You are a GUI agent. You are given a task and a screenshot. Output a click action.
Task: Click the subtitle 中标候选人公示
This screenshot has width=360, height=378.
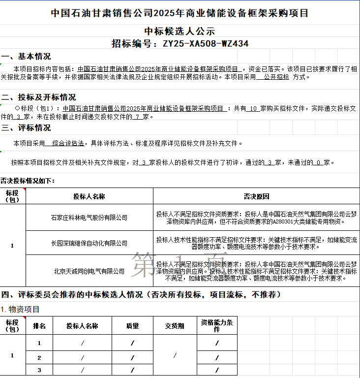pos(180,31)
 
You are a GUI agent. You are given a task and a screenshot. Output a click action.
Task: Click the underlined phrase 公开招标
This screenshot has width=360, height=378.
pos(276,77)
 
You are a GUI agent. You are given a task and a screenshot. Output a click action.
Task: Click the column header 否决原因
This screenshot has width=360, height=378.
pos(256,196)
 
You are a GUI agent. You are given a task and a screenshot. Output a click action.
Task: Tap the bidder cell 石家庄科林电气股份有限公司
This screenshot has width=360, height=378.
pos(89,217)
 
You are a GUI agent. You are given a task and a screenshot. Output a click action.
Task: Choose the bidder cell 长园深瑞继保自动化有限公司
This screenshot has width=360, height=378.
pos(89,243)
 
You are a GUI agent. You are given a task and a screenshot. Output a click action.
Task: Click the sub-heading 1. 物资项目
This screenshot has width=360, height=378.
pos(20,309)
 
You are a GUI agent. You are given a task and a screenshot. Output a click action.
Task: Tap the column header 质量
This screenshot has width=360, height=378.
pos(132,326)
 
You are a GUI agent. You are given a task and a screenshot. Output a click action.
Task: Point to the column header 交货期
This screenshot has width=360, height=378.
pos(175,326)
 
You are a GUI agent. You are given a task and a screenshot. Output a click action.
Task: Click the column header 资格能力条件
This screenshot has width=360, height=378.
pos(217,325)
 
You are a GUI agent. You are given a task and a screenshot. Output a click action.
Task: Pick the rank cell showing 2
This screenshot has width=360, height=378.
pos(39,358)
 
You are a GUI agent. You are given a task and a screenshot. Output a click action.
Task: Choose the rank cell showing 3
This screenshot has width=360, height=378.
pos(39,370)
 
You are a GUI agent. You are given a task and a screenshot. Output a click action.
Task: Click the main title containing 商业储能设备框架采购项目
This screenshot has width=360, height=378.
pos(180,12)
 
